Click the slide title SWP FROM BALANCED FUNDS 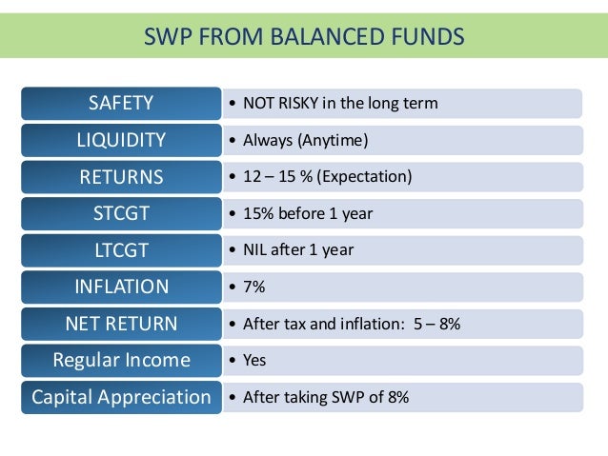[x=303, y=37]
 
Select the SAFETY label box [x=121, y=103]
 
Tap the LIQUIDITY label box [x=121, y=140]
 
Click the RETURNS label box [x=121, y=177]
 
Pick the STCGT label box [x=121, y=213]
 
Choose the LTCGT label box [x=121, y=249]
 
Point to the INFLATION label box [x=121, y=287]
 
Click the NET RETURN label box [x=121, y=324]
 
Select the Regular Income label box [x=121, y=360]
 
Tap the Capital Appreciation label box [x=121, y=397]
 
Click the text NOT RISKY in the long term [x=340, y=103]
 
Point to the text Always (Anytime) [x=305, y=140]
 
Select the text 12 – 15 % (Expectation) [x=327, y=177]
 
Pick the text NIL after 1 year [x=298, y=249]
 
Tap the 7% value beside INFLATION [x=254, y=287]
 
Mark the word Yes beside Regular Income [x=254, y=360]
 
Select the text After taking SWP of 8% [x=326, y=397]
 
